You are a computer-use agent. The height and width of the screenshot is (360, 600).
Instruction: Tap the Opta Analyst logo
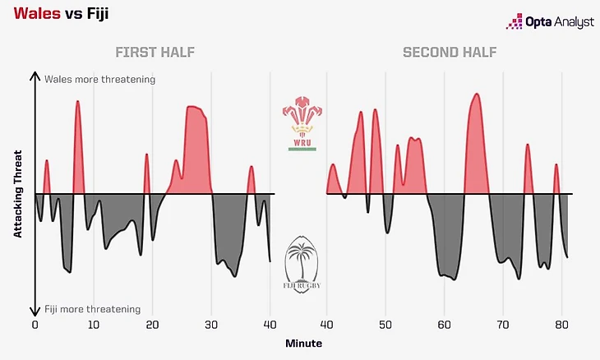click(549, 22)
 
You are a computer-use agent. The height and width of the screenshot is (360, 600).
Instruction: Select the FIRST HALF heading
click(155, 53)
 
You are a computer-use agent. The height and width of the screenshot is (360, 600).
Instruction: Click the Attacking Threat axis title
click(17, 194)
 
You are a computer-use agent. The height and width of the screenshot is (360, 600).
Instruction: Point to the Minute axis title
click(303, 343)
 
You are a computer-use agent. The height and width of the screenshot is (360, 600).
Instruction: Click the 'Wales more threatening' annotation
click(99, 80)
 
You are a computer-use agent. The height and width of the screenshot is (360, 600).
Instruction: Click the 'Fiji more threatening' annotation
click(93, 309)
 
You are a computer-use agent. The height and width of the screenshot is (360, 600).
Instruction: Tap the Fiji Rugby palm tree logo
click(301, 265)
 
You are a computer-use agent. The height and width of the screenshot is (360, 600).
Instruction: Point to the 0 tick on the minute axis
click(35, 325)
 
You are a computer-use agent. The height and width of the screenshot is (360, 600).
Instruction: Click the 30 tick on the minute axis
click(211, 325)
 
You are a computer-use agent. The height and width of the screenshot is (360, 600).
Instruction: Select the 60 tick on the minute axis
click(444, 325)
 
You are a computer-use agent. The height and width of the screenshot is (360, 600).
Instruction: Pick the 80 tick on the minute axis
click(561, 325)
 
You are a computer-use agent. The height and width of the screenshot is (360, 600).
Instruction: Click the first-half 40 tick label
click(270, 325)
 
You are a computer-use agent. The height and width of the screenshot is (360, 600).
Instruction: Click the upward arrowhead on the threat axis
click(35, 76)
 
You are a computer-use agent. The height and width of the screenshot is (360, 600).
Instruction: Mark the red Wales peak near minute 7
click(77, 103)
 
